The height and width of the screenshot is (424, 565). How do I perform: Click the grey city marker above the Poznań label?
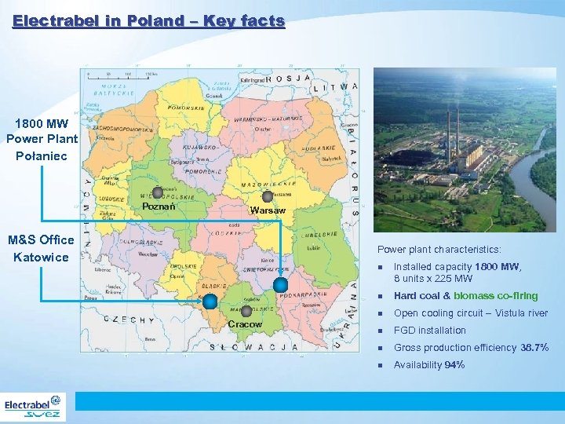158,192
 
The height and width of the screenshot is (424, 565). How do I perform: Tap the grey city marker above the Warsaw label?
268,196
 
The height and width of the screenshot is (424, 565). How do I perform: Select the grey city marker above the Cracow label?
246,311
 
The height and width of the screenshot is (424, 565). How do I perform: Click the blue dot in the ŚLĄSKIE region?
210,301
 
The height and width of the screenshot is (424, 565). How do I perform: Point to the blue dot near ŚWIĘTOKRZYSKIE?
280,284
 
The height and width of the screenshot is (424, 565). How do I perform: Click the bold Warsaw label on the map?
268,210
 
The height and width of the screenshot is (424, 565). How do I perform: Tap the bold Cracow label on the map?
245,324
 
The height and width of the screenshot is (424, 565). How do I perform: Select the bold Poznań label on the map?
158,207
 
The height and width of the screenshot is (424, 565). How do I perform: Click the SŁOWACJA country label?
253,346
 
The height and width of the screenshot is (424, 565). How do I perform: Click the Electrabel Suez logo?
34,408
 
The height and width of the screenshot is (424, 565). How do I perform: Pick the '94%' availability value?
454,365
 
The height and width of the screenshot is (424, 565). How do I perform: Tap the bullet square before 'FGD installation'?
380,331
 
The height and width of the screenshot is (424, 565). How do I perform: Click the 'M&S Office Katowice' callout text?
41,248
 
